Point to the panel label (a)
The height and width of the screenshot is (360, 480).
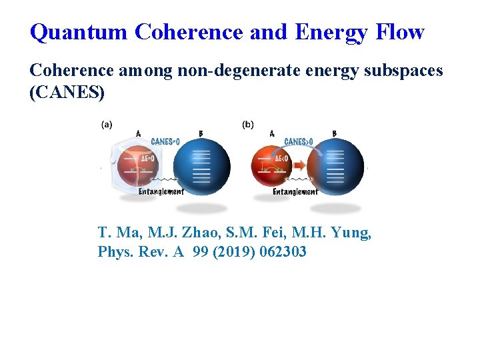click(107, 125)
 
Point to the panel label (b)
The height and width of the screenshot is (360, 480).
click(248, 125)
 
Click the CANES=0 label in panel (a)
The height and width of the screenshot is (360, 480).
click(165, 141)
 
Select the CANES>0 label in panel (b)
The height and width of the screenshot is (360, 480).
click(299, 141)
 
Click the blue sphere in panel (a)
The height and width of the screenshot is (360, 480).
click(201, 167)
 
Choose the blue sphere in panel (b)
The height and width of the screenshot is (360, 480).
click(336, 167)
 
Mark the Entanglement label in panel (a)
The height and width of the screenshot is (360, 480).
click(161, 192)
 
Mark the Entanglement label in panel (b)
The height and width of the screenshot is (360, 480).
click(295, 192)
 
